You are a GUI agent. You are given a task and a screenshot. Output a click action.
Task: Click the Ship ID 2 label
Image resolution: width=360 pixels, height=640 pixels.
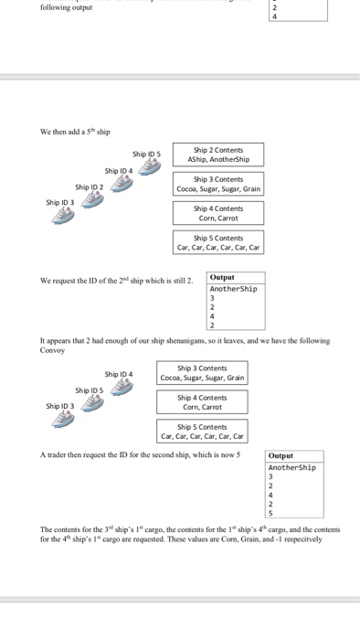tap(90, 187)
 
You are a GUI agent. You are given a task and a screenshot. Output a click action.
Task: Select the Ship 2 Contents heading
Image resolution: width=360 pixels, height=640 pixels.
tap(217, 149)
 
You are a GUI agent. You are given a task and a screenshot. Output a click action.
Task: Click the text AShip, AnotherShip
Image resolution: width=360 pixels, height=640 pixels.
tap(217, 159)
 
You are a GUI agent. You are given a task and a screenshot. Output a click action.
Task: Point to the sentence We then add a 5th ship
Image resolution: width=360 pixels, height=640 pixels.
tap(75, 132)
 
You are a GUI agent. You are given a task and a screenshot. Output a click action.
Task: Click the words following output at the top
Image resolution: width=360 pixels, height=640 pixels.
tap(66, 8)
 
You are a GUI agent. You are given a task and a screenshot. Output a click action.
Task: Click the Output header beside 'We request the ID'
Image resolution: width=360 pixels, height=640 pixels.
tap(222, 277)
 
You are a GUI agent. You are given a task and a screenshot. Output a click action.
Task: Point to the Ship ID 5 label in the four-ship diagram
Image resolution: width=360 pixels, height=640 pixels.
tap(146, 154)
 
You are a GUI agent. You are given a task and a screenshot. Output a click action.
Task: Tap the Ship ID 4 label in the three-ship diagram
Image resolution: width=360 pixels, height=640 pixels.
tap(119, 374)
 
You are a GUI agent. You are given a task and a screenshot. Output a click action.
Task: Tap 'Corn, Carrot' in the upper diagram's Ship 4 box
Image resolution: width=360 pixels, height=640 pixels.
tap(217, 219)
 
